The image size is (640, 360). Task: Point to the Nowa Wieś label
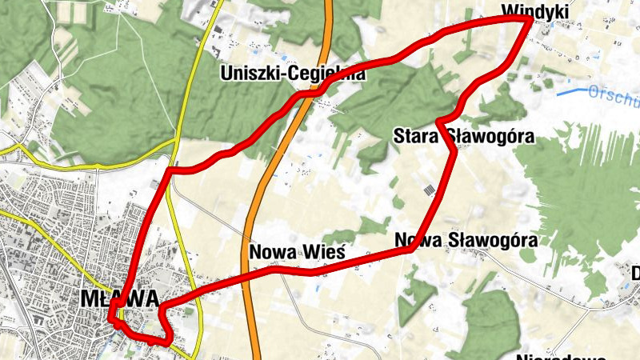pyautogui.click(x=297, y=252)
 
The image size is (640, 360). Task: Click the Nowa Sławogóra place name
pyautogui.click(x=464, y=239)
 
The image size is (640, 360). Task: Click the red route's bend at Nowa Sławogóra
pyautogui.click(x=410, y=249)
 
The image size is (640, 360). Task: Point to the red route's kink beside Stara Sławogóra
pyautogui.click(x=440, y=122)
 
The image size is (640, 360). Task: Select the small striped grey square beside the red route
pyautogui.click(x=430, y=190)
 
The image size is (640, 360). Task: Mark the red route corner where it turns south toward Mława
pyautogui.click(x=170, y=170)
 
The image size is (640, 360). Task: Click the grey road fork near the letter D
pyautogui.click(x=616, y=302)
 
